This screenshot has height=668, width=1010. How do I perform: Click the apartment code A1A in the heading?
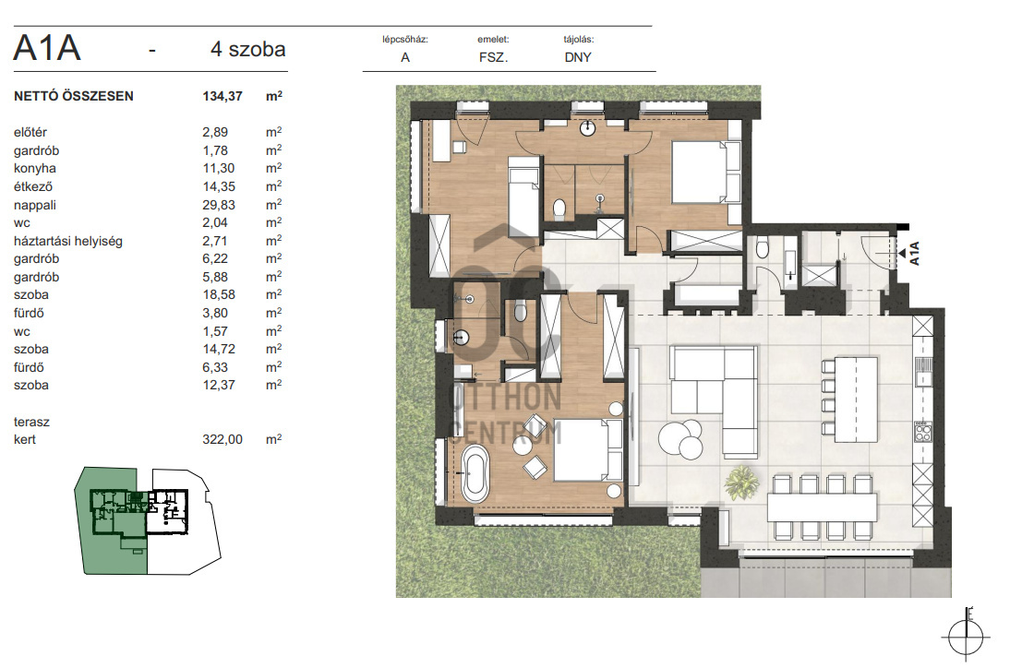[47, 48]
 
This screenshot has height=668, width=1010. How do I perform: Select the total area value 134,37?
[222, 97]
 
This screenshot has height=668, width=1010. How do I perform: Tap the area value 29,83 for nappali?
[219, 206]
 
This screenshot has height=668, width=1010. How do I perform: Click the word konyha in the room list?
[35, 169]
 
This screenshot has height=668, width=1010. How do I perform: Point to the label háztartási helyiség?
[68, 242]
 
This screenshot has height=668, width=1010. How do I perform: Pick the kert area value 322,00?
[222, 439]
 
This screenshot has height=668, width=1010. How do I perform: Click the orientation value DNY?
[578, 57]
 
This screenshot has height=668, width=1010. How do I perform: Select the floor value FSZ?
[493, 57]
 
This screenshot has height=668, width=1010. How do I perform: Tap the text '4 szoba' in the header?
[248, 49]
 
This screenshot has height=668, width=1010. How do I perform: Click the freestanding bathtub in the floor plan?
[475, 474]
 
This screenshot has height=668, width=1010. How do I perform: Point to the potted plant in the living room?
[741, 483]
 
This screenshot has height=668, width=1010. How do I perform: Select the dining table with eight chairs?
[822, 507]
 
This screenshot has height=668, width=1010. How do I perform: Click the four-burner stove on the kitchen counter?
[923, 431]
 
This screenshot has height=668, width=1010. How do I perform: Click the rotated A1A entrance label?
[914, 253]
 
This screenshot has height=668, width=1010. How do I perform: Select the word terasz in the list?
[31, 423]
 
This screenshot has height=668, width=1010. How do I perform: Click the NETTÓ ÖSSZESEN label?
[74, 97]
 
